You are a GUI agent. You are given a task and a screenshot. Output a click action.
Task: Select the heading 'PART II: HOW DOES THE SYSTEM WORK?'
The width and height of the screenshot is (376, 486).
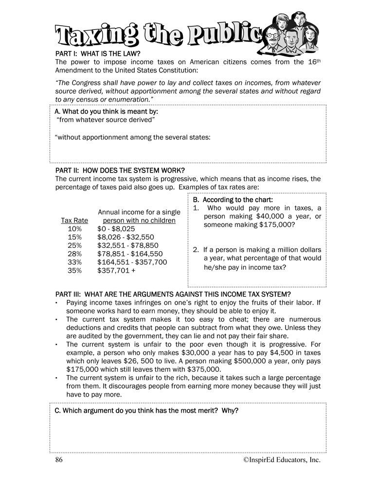[120, 170]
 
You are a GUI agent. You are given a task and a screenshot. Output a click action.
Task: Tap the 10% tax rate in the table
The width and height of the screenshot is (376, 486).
[75, 229]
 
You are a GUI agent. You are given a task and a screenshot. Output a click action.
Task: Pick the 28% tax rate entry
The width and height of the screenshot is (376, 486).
[75, 254]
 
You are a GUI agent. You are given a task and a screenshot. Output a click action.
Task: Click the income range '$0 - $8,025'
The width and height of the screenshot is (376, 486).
[116, 229]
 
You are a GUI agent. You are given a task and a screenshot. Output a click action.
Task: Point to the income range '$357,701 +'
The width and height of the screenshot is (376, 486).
[114, 270]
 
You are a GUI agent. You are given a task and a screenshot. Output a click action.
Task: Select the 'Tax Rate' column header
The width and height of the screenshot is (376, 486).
[74, 221]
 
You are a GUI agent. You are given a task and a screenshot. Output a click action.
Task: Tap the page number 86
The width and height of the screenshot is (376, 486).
[59, 460]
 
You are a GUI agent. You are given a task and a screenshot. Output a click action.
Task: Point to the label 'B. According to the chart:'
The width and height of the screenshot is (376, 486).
[233, 200]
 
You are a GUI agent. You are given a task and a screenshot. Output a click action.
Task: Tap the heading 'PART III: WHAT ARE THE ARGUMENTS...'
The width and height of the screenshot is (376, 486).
[173, 294]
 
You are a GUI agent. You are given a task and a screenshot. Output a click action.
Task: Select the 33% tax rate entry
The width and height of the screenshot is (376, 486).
[75, 262]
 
